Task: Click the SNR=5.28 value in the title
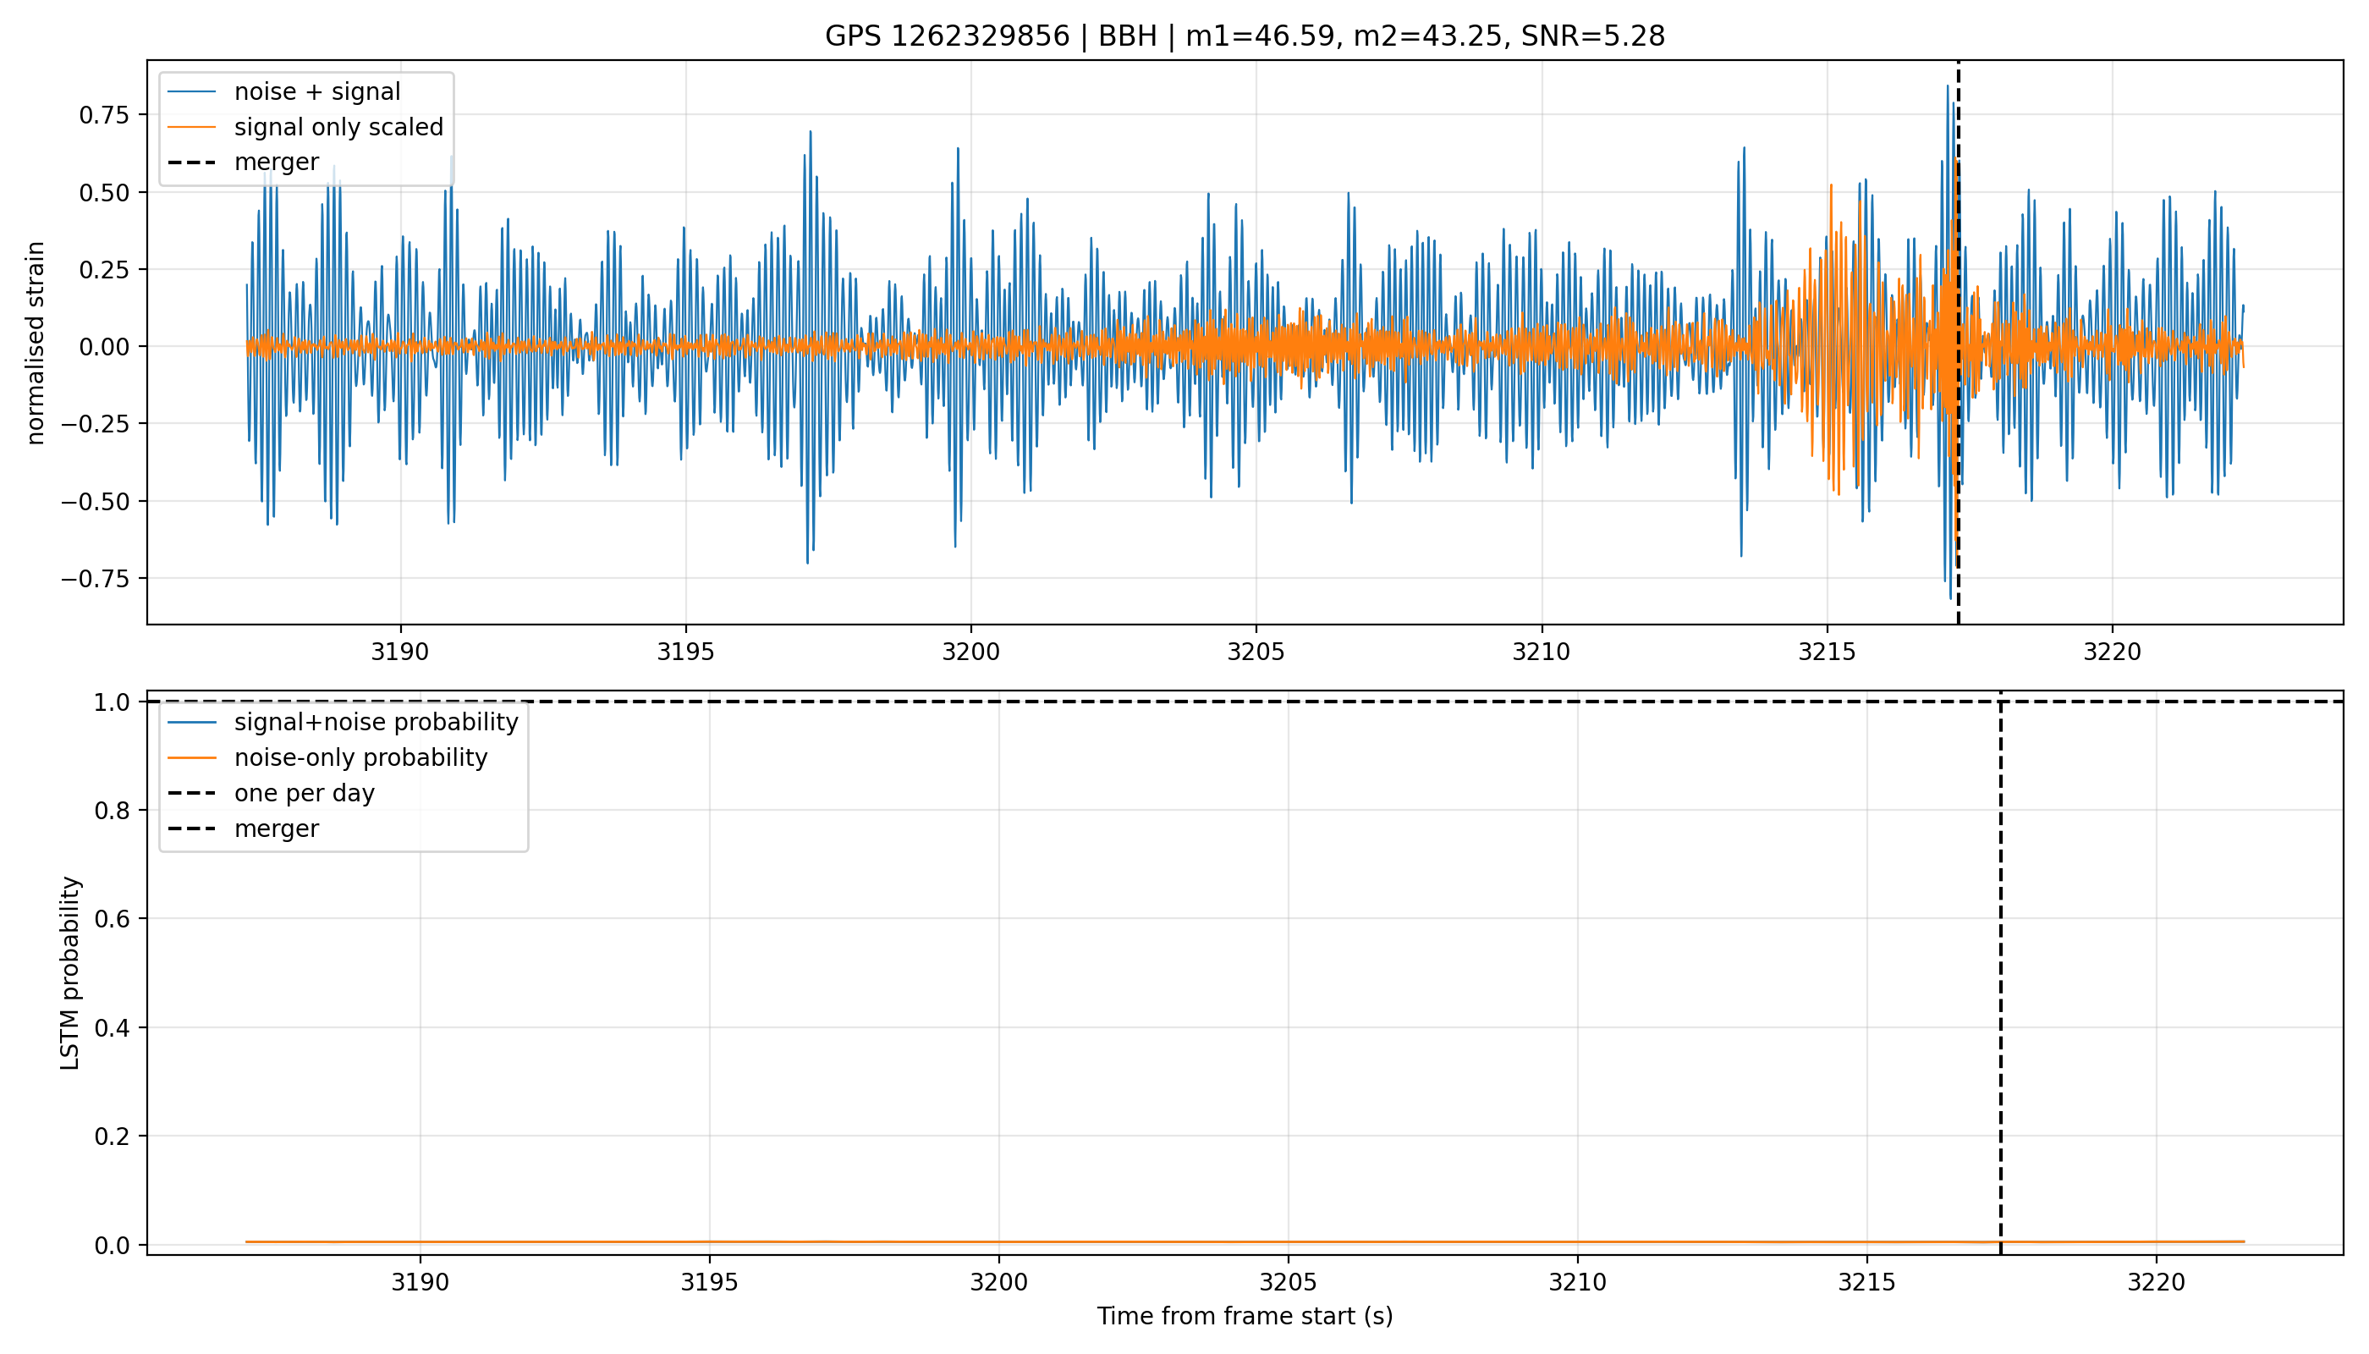[1592, 36]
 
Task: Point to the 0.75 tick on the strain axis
[104, 115]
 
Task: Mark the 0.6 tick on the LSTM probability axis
[113, 919]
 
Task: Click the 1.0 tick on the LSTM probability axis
[113, 702]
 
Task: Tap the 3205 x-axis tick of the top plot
[1256, 652]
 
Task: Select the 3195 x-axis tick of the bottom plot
[709, 1282]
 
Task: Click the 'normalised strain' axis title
[36, 343]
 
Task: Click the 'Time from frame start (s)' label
[1245, 1317]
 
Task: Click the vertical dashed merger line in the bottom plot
[2001, 972]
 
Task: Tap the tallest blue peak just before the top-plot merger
[1948, 86]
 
